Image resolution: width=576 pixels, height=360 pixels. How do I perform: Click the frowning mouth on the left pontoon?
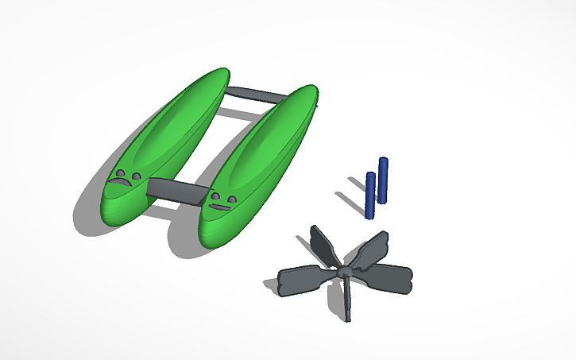pyautogui.click(x=122, y=184)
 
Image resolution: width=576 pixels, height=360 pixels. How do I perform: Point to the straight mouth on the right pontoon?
pyautogui.click(x=218, y=207)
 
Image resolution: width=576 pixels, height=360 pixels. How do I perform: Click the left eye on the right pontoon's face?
pyautogui.click(x=215, y=195)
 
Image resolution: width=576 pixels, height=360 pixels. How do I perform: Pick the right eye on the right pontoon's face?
pyautogui.click(x=231, y=198)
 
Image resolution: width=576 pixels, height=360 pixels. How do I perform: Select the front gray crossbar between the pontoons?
pyautogui.click(x=176, y=191)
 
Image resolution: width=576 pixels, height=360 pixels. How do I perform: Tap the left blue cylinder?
pyautogui.click(x=369, y=195)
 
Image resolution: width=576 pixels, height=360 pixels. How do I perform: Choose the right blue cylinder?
pyautogui.click(x=383, y=180)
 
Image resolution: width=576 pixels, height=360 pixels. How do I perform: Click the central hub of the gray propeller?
pyautogui.click(x=344, y=273)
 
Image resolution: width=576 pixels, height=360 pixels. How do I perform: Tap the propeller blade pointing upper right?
pyautogui.click(x=370, y=249)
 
